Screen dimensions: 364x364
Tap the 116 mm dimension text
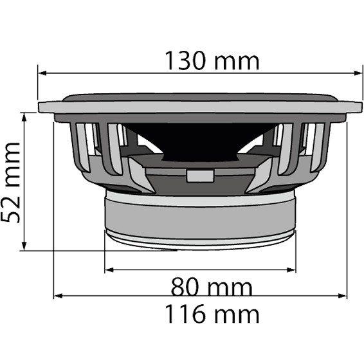pos(212,314)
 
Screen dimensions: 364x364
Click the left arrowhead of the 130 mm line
pos(42,75)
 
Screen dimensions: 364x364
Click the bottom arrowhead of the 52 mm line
pos(24,247)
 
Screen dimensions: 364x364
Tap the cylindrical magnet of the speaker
pos(199,219)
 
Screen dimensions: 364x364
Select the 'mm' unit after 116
pos(238,314)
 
